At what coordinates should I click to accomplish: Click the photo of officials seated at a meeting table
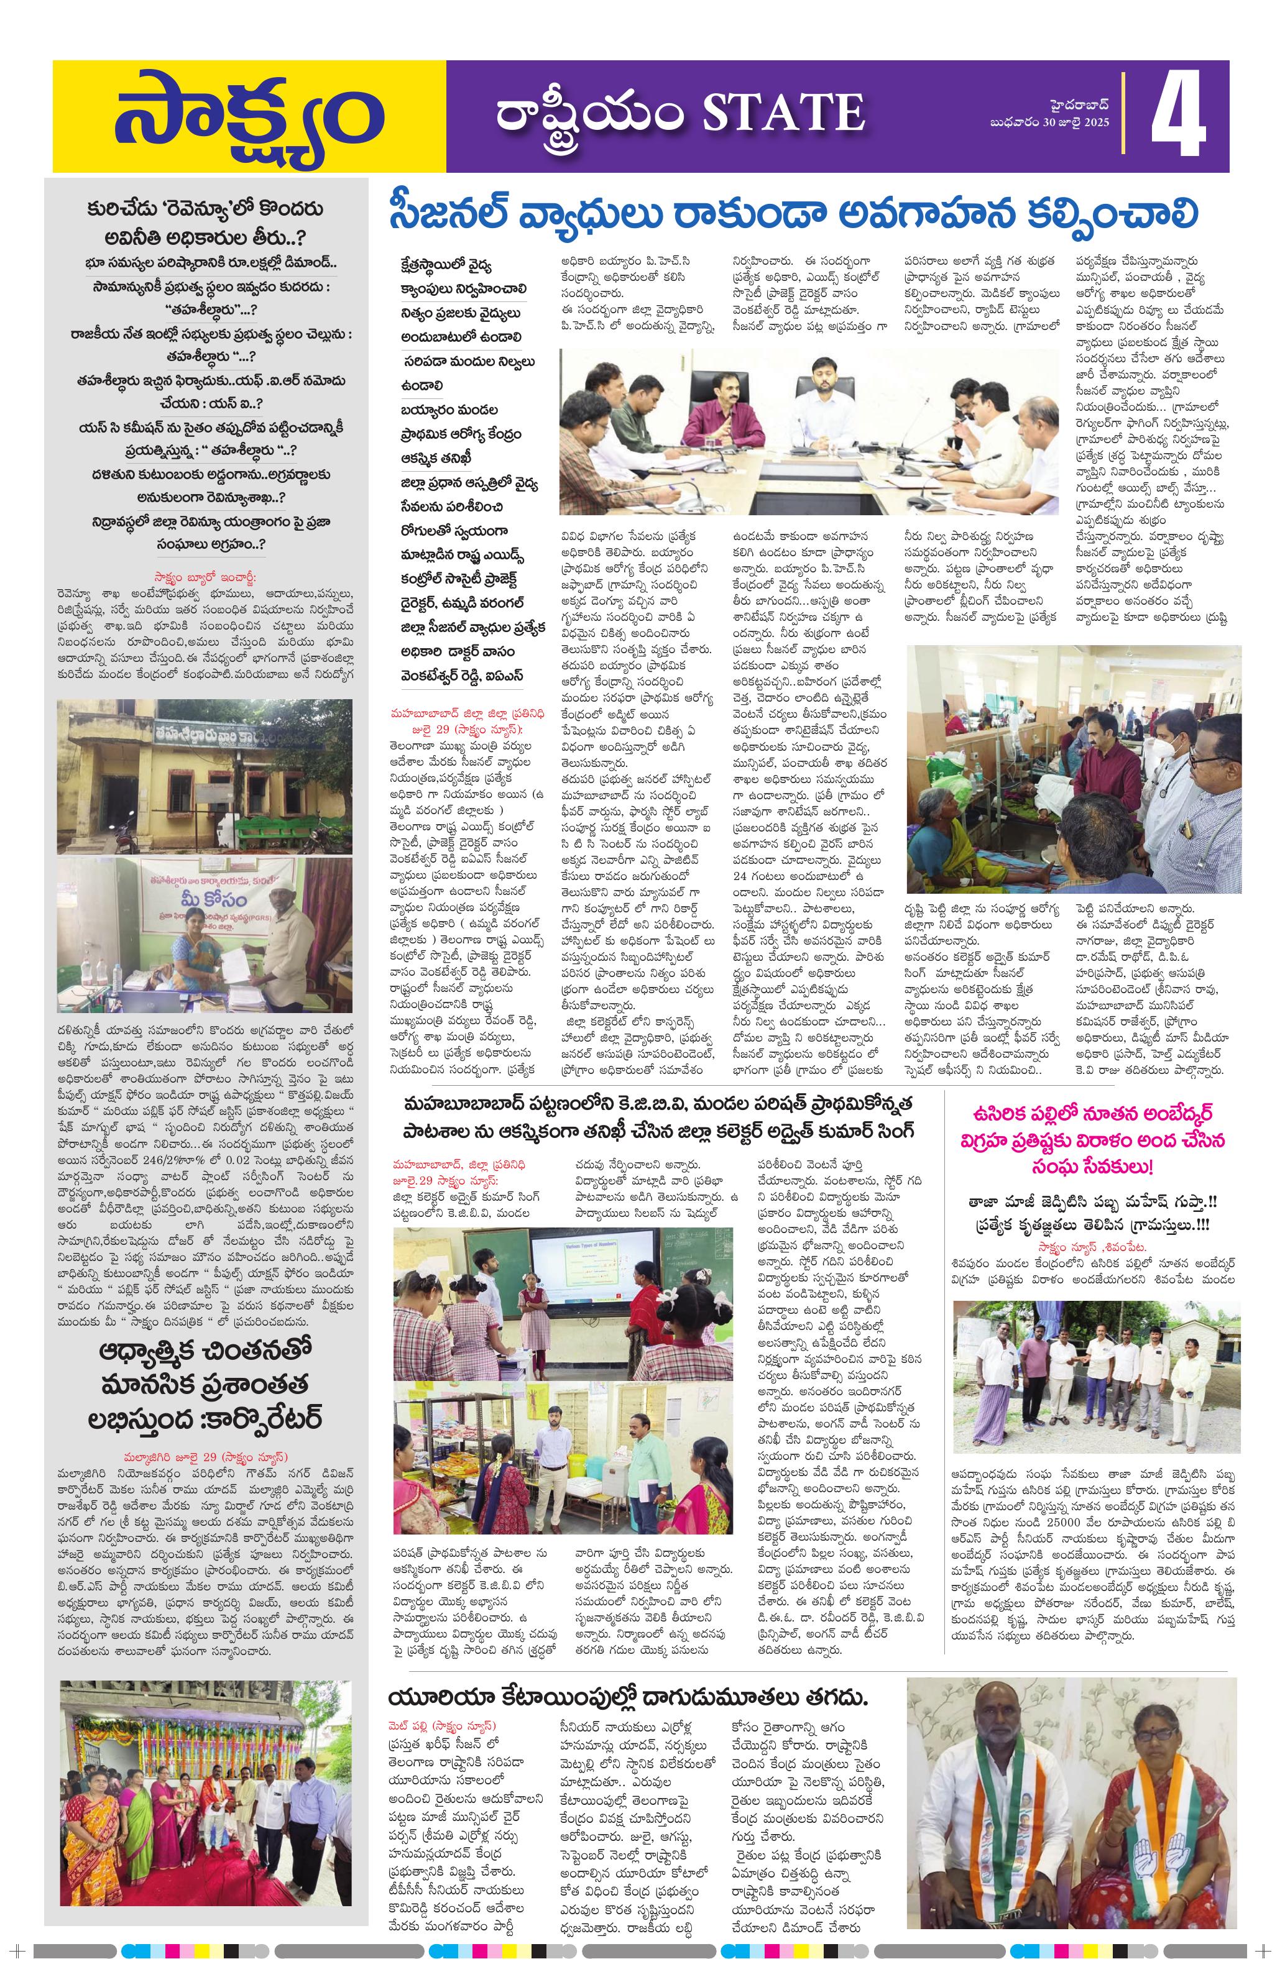[807, 431]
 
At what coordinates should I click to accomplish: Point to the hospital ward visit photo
[1072, 766]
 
